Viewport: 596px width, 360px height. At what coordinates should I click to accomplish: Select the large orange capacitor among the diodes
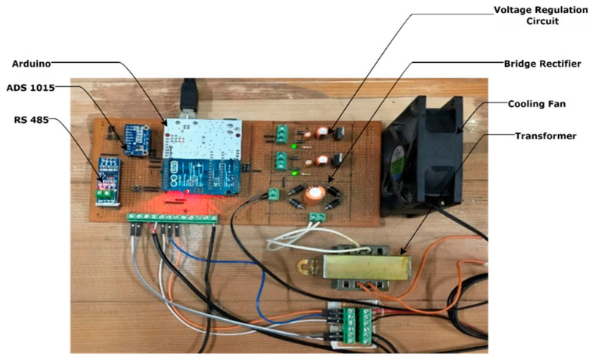(x=315, y=195)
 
